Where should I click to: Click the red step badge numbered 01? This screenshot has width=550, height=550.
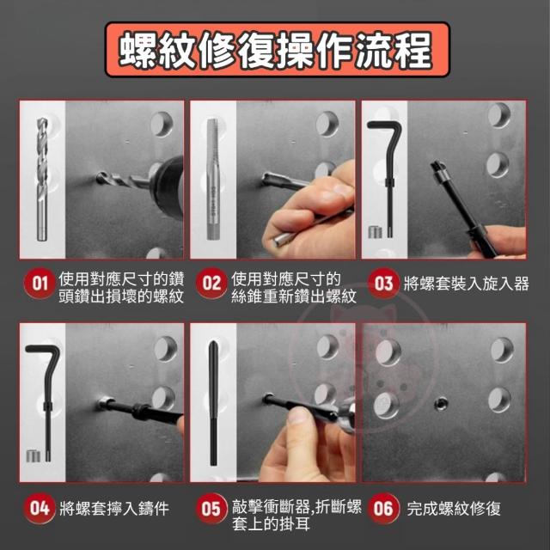(x=40, y=284)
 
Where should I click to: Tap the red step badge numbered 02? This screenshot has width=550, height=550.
(x=211, y=284)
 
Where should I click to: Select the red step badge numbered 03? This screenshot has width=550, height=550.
(x=383, y=284)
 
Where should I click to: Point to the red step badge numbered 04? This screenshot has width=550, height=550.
(x=40, y=508)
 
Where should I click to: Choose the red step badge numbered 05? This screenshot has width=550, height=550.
(x=211, y=508)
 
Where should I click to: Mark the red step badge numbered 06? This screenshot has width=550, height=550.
(x=383, y=508)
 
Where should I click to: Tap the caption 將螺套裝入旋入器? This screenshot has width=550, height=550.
(x=466, y=284)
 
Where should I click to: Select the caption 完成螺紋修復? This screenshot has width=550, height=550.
(x=454, y=509)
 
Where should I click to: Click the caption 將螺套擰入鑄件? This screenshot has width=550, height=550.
(x=114, y=509)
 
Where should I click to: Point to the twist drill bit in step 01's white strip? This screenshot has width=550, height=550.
(x=42, y=180)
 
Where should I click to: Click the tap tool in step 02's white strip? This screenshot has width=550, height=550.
(x=213, y=180)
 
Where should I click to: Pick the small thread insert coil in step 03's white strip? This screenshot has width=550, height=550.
(x=375, y=232)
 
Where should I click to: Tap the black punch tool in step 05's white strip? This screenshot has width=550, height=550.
(x=213, y=403)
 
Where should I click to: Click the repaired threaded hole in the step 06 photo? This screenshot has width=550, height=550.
(x=441, y=404)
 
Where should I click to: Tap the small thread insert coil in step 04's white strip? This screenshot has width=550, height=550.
(x=33, y=455)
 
